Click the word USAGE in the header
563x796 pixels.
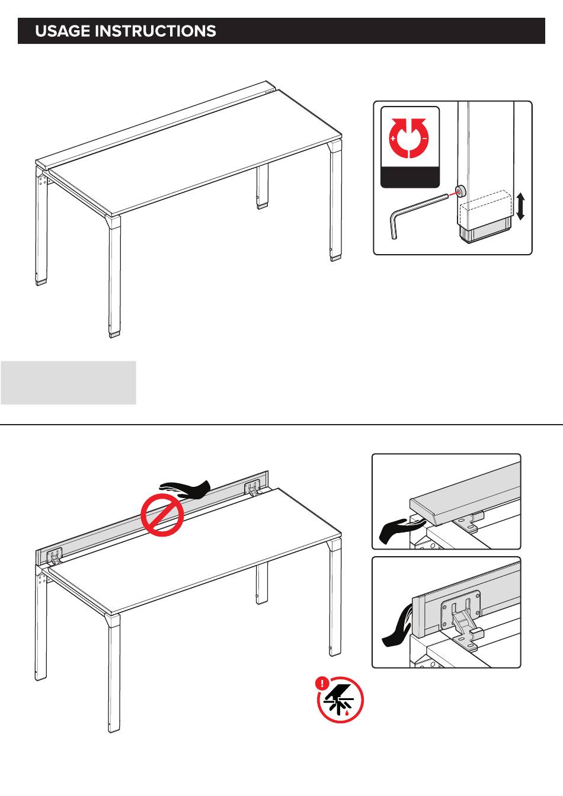63,31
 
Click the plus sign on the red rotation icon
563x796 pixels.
393,138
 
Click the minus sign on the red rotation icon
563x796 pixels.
424,138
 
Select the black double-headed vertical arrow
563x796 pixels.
520,206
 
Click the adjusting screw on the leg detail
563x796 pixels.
460,191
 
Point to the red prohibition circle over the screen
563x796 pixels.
162,515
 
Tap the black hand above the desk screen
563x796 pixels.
185,489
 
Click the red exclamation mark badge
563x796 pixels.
322,683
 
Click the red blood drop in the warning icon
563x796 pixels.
347,712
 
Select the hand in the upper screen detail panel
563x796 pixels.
402,530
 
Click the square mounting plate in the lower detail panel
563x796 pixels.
461,607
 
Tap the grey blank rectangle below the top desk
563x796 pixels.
68,383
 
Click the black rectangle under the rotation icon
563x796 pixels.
410,176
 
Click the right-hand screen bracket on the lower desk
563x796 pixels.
252,487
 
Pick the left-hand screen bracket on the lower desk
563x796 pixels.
55,556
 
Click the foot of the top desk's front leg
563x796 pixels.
114,334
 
